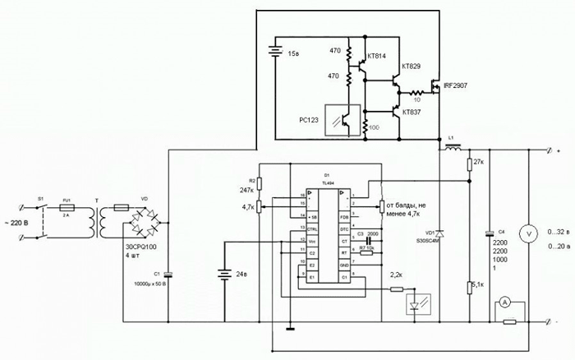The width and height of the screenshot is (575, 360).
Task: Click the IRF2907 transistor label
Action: click(x=457, y=85)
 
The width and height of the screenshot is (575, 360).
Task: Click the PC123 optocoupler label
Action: click(x=312, y=120)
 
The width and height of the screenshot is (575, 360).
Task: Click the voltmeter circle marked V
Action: click(x=530, y=234)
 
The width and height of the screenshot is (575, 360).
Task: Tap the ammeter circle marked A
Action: click(x=507, y=302)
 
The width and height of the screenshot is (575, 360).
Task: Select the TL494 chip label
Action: click(x=326, y=187)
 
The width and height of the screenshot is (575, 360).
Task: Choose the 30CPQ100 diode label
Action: click(x=141, y=246)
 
